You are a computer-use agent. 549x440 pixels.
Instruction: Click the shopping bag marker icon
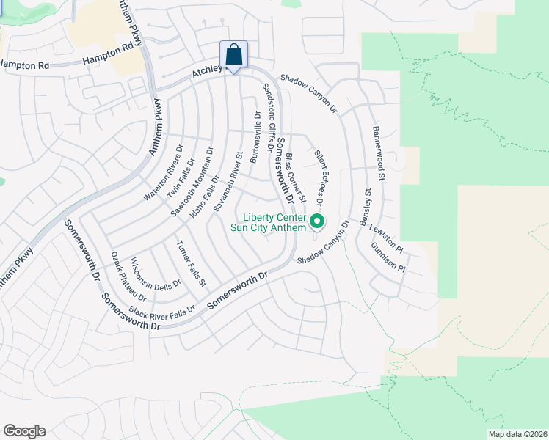tap(233, 55)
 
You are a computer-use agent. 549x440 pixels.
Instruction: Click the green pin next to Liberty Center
tap(317, 220)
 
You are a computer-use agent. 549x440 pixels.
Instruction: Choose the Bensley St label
tap(368, 202)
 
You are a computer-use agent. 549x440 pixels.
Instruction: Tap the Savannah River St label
tap(228, 183)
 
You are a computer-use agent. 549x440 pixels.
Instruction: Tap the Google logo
tap(24, 431)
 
